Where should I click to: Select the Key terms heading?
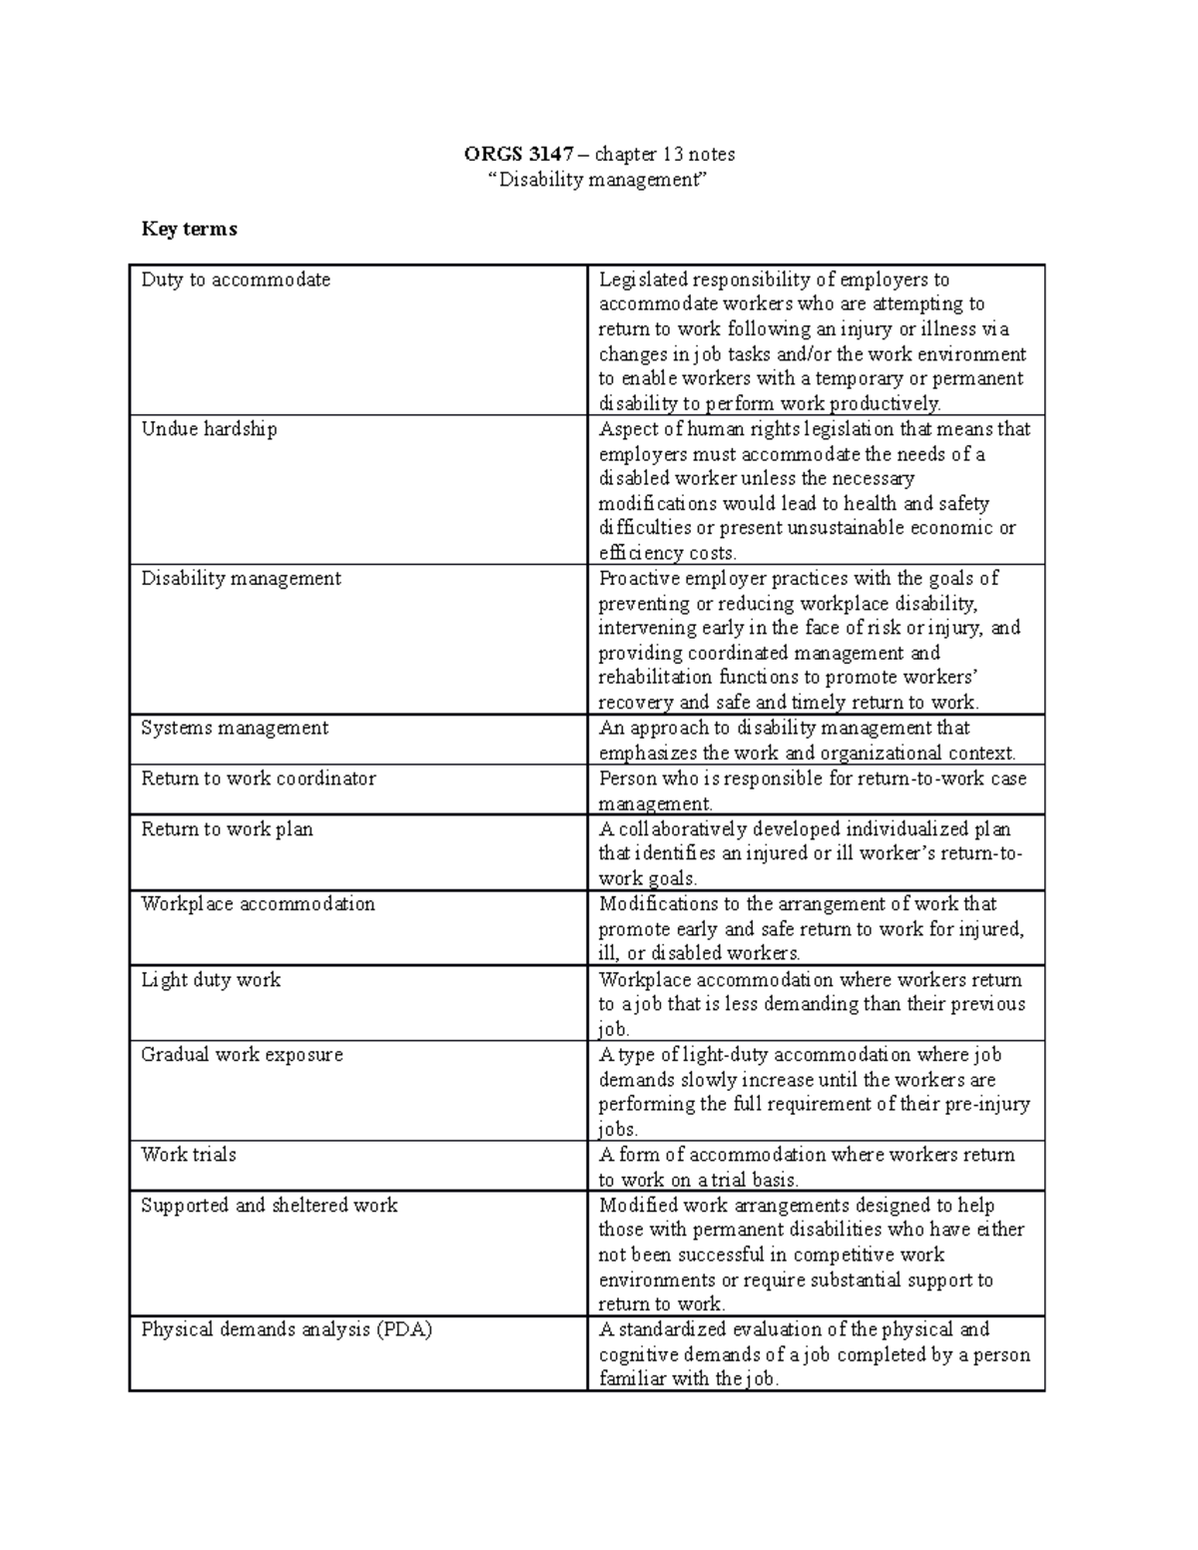(189, 230)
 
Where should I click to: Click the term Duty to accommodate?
(236, 280)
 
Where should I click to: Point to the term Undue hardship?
(209, 430)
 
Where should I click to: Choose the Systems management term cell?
(235, 729)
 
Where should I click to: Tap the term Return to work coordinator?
(259, 778)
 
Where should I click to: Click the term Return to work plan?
(227, 829)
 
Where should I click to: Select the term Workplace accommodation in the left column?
(258, 904)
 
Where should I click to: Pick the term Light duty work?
(211, 980)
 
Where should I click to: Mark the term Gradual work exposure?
(242, 1055)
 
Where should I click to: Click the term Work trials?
(189, 1155)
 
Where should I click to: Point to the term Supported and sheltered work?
(269, 1206)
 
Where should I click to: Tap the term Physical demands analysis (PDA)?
(287, 1330)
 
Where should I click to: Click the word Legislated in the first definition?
(643, 280)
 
